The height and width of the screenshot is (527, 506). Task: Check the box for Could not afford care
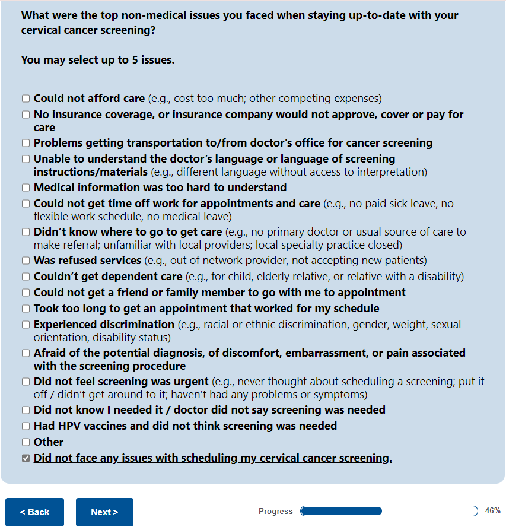click(x=26, y=99)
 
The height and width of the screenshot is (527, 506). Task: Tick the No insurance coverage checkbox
click(x=26, y=115)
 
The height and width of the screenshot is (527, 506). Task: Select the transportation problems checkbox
click(x=26, y=143)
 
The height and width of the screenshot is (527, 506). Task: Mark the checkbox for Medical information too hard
click(x=26, y=188)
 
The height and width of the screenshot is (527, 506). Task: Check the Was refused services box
click(x=26, y=261)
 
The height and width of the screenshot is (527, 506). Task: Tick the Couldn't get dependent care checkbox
click(x=26, y=277)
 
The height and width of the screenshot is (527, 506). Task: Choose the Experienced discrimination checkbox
click(x=26, y=325)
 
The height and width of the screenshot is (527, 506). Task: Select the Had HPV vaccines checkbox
click(x=26, y=426)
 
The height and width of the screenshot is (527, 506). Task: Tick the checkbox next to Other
click(x=26, y=442)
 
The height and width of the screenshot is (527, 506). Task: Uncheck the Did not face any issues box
click(x=26, y=458)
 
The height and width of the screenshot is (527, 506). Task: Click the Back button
click(x=34, y=512)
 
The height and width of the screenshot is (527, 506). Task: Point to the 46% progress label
click(x=492, y=511)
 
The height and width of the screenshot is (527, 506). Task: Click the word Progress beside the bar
click(x=275, y=512)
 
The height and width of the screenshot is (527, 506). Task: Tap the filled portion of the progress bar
click(x=342, y=511)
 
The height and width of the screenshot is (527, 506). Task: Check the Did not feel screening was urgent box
click(x=26, y=382)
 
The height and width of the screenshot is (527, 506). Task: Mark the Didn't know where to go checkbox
click(x=26, y=232)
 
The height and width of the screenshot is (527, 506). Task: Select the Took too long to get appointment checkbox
click(x=26, y=309)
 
